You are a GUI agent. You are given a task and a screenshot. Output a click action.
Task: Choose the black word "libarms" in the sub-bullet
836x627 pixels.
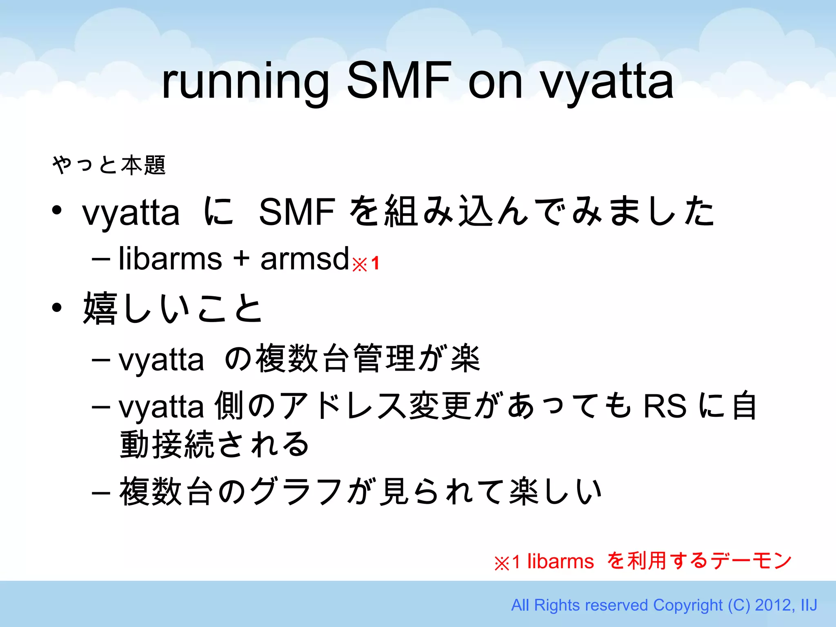point(170,259)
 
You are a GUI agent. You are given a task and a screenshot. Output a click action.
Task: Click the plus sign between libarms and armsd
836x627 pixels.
point(241,260)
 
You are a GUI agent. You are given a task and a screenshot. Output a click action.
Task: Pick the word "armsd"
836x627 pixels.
point(305,259)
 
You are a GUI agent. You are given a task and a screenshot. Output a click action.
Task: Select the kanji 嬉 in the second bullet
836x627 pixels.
point(100,308)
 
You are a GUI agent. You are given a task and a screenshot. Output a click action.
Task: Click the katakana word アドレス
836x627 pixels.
point(343,406)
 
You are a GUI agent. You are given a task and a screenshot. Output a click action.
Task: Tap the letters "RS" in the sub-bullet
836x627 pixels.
point(665,406)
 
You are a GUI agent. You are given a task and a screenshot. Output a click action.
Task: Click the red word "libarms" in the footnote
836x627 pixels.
point(560,561)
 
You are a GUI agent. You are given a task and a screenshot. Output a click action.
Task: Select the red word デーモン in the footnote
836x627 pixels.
point(751,561)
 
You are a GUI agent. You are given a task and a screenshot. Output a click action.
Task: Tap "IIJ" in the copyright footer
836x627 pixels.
point(808,605)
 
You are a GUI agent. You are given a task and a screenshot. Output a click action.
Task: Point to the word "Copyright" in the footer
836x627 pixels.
point(688,605)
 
